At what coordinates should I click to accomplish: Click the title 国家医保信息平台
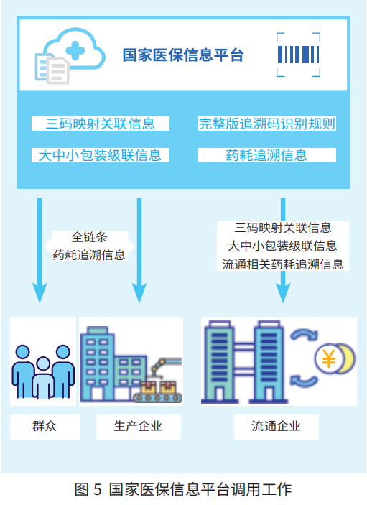point(182,55)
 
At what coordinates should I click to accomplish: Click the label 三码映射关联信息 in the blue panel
point(101,124)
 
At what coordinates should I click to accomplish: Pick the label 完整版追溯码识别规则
point(266,124)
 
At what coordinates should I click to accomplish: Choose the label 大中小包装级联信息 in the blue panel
point(101,154)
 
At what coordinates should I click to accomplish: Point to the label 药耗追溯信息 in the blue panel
point(266,154)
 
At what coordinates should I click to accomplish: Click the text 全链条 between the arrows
point(89,237)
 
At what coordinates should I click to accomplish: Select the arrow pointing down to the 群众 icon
point(40,251)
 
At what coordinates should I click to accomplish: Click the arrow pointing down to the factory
point(139,251)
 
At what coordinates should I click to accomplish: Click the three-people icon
point(43,368)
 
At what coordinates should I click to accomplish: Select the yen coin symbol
point(330,357)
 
